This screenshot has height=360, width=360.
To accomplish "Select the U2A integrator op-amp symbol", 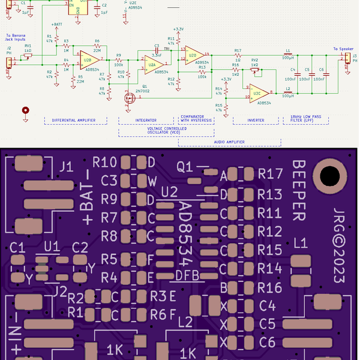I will (x=152, y=62).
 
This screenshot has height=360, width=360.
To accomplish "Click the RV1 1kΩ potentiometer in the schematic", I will (x=28, y=56).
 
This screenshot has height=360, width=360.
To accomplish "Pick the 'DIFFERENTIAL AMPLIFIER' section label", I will (x=76, y=121).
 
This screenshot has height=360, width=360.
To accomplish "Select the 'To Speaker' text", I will (x=344, y=49).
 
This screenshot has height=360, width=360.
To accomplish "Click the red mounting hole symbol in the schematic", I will (x=25, y=110).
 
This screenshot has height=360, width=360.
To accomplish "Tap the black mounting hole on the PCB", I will (x=329, y=176).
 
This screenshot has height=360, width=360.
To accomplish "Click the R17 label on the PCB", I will (x=270, y=175).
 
